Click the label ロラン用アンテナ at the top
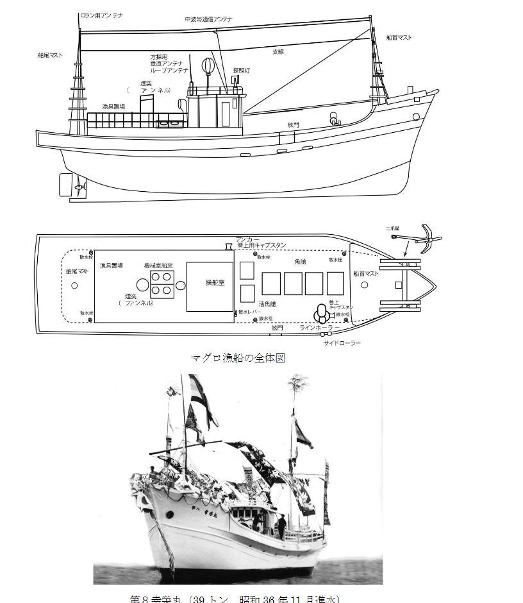(102, 14)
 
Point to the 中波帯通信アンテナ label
(208, 19)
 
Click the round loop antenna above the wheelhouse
(208, 66)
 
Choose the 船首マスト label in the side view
(399, 38)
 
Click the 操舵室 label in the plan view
(210, 283)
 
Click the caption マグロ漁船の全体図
(238, 358)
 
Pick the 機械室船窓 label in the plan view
(156, 265)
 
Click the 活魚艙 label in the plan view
(267, 304)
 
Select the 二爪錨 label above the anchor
(393, 228)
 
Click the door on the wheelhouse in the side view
(226, 114)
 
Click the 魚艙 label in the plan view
(301, 262)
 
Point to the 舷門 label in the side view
(293, 126)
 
